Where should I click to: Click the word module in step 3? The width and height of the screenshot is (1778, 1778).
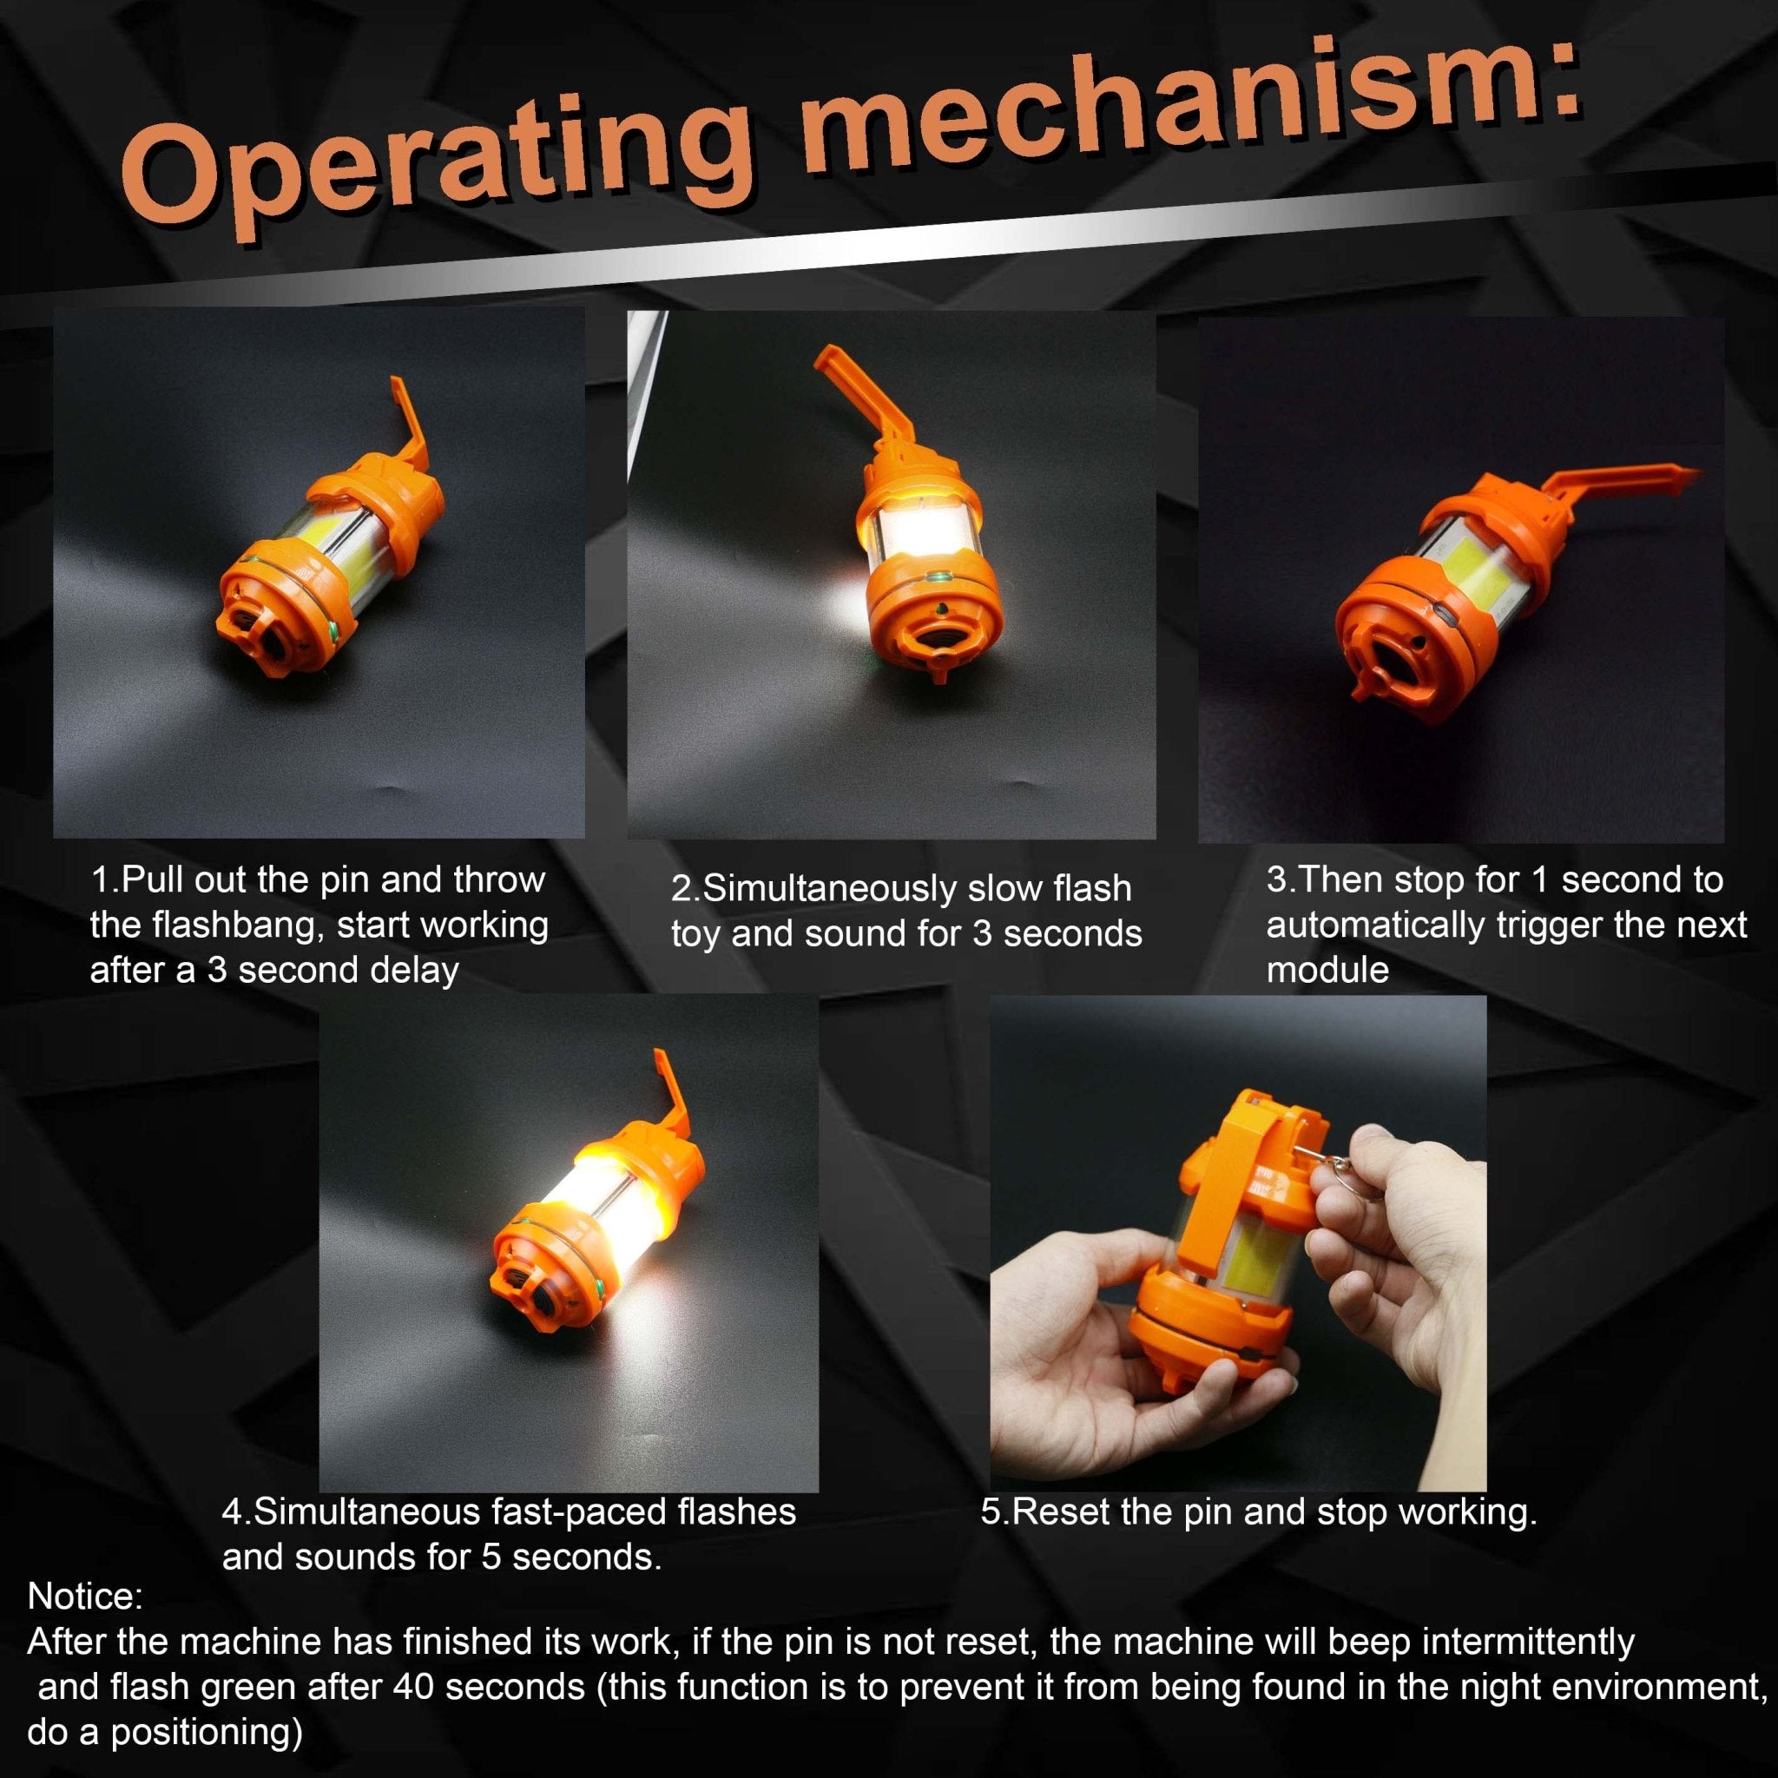pyautogui.click(x=1327, y=970)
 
